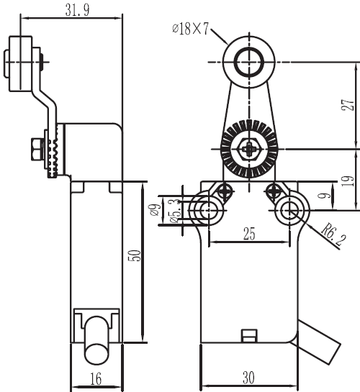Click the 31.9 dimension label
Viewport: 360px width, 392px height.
tap(77, 10)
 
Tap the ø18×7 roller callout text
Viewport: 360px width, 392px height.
tap(190, 29)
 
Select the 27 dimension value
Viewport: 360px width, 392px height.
tap(348, 105)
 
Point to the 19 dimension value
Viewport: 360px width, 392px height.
tap(348, 181)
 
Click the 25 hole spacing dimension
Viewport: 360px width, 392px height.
tap(249, 234)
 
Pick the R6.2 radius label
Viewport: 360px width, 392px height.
tap(333, 235)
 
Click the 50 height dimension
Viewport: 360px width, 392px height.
tap(135, 255)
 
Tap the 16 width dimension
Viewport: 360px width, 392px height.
tap(96, 379)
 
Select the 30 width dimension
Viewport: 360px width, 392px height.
tap(248, 378)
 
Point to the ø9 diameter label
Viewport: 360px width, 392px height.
tap(154, 209)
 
